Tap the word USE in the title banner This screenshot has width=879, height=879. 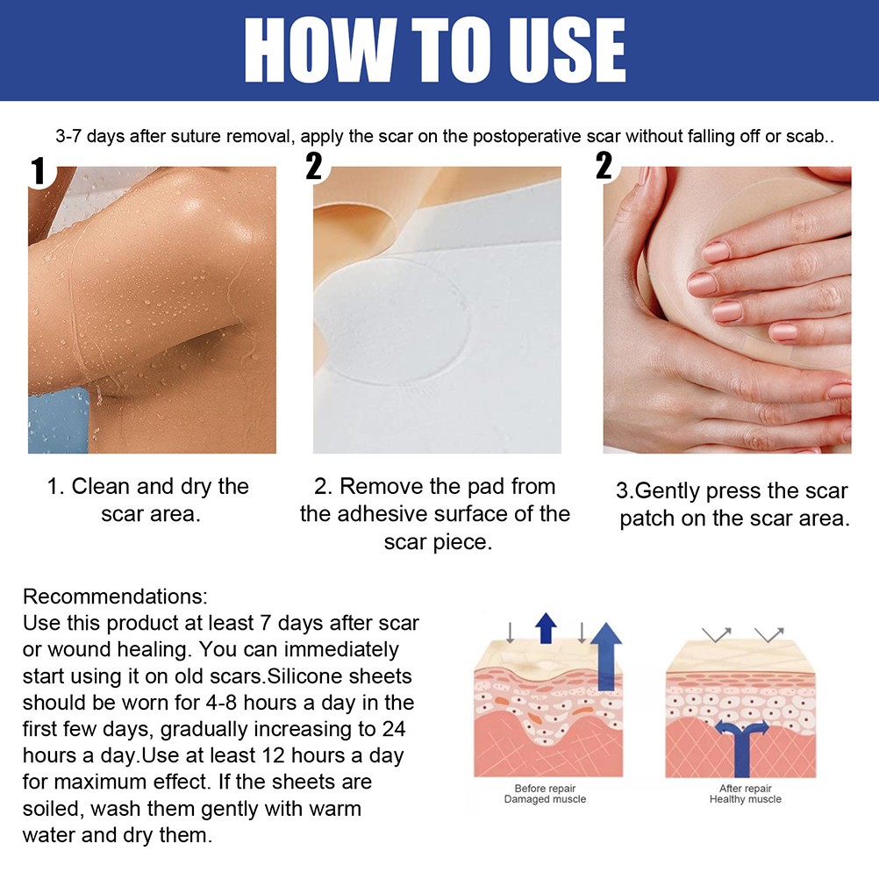click(567, 51)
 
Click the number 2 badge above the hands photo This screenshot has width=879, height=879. click(604, 166)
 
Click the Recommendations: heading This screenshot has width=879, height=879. click(115, 597)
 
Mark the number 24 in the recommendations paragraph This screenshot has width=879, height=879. click(394, 729)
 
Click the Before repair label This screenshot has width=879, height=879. click(545, 788)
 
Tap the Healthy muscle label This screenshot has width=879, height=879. click(745, 799)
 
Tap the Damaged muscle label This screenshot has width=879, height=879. click(545, 799)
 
